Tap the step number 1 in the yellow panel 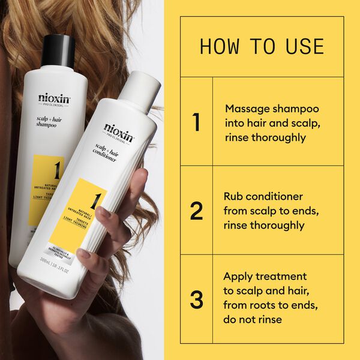coord(196,122)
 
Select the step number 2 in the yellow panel coord(196,211)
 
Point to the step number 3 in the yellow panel coord(196,299)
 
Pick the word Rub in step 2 coord(234,196)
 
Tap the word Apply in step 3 coord(238,277)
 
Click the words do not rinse coord(253,320)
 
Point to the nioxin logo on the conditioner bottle coord(119,129)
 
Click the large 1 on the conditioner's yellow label coord(95,197)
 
